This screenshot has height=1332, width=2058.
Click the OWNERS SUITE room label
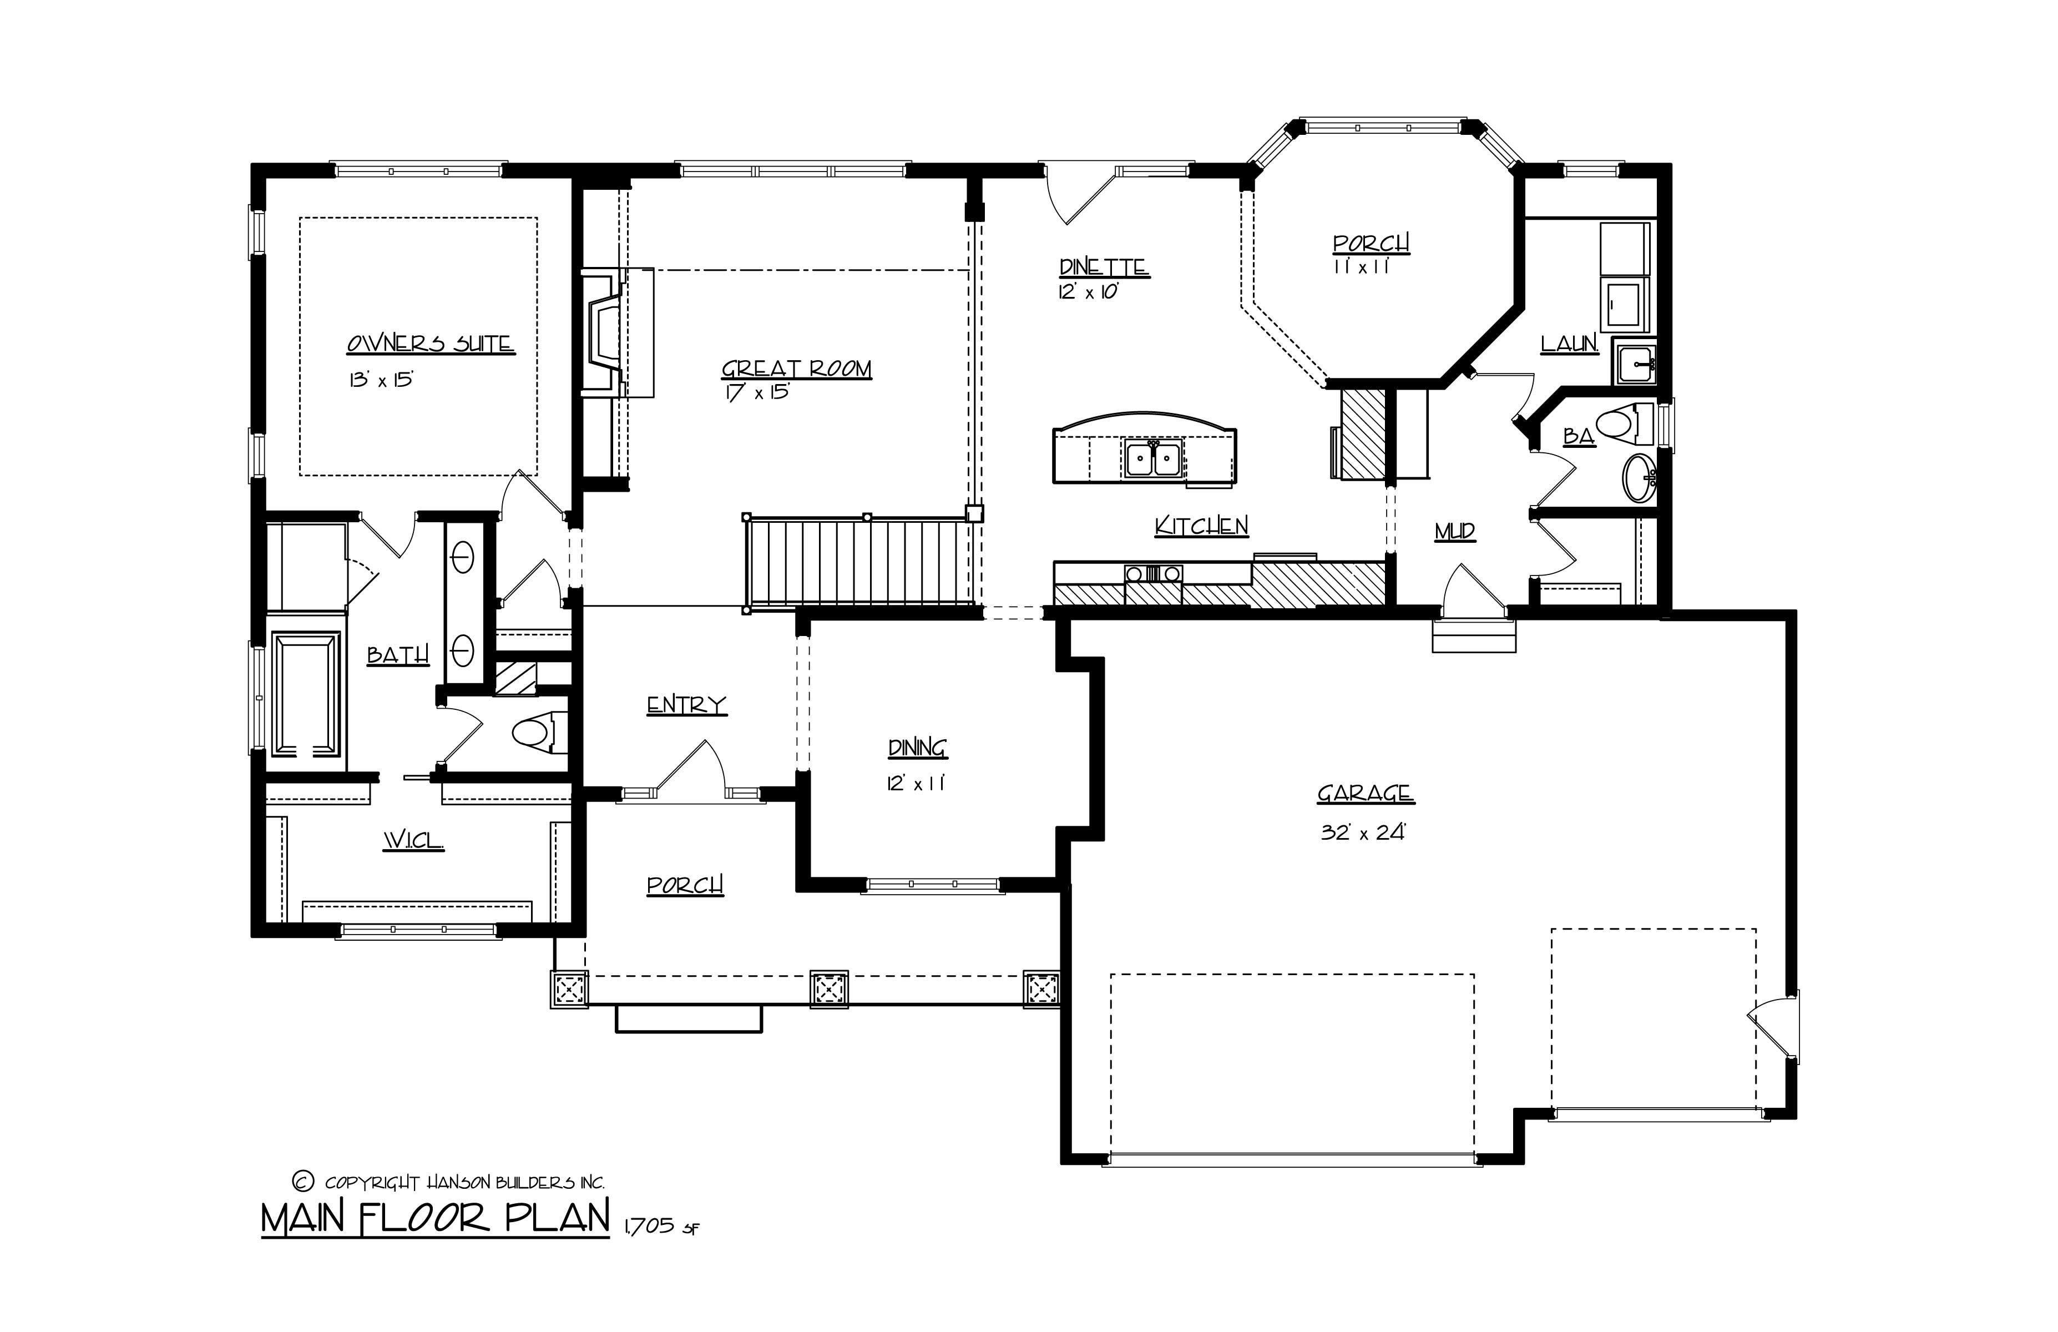pos(430,344)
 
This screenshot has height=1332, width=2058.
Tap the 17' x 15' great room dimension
pos(757,392)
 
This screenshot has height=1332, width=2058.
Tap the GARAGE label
pos(1366,793)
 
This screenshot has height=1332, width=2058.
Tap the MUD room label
pos(1454,532)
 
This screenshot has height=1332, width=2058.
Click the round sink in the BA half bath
pos(1640,477)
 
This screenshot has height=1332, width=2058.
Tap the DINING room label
pos(917,747)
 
